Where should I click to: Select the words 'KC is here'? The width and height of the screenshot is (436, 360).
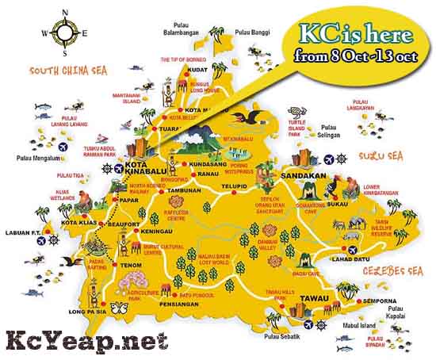(x=354, y=36)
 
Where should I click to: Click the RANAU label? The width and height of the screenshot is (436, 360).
(x=208, y=174)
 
